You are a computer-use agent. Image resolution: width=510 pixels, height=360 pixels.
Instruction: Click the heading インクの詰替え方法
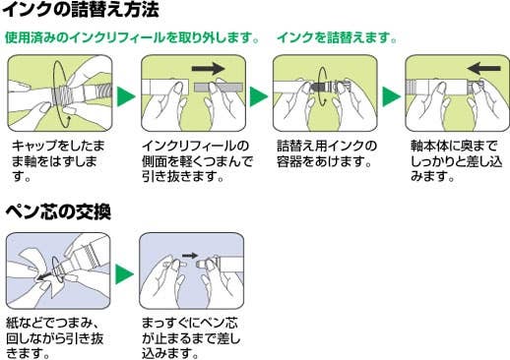pos(81,9)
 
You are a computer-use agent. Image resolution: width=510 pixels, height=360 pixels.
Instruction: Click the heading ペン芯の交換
pos(58,211)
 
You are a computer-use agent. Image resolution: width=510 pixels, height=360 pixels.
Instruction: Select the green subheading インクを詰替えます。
pos(337,37)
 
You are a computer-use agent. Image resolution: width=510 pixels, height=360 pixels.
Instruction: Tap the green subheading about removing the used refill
pos(132,37)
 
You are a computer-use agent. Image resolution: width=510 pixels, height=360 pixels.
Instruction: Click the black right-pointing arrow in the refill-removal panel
pos(208,69)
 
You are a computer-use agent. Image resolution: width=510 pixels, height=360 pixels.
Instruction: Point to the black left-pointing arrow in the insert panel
pos(483,69)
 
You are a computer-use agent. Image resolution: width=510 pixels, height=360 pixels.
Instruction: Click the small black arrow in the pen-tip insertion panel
pos(190,256)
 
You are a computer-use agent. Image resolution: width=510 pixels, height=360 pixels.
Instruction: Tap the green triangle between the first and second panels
pos(126,96)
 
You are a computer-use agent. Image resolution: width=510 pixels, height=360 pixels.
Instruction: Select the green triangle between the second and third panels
pos(259,96)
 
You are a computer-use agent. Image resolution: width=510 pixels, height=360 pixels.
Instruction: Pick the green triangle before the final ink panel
pos(392,96)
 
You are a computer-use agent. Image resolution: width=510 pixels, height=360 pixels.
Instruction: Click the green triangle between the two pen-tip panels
pos(124,274)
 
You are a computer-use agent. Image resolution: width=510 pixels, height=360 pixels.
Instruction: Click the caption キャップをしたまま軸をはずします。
pos(58,161)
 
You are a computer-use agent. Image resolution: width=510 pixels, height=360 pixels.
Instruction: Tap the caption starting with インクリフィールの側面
pos(197,161)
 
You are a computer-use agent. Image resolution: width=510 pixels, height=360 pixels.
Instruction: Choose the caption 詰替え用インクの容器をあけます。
pos(327,153)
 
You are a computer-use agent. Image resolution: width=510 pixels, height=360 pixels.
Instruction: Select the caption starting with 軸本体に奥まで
pos(456,161)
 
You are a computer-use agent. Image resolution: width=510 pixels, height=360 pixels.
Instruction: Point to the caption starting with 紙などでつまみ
pos(55,338)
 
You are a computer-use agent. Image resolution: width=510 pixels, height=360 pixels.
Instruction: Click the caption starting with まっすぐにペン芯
pos(191,338)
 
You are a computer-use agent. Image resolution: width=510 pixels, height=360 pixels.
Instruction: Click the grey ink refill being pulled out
pos(219,88)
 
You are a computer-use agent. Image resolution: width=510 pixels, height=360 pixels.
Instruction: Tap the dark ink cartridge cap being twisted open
pos(318,88)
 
